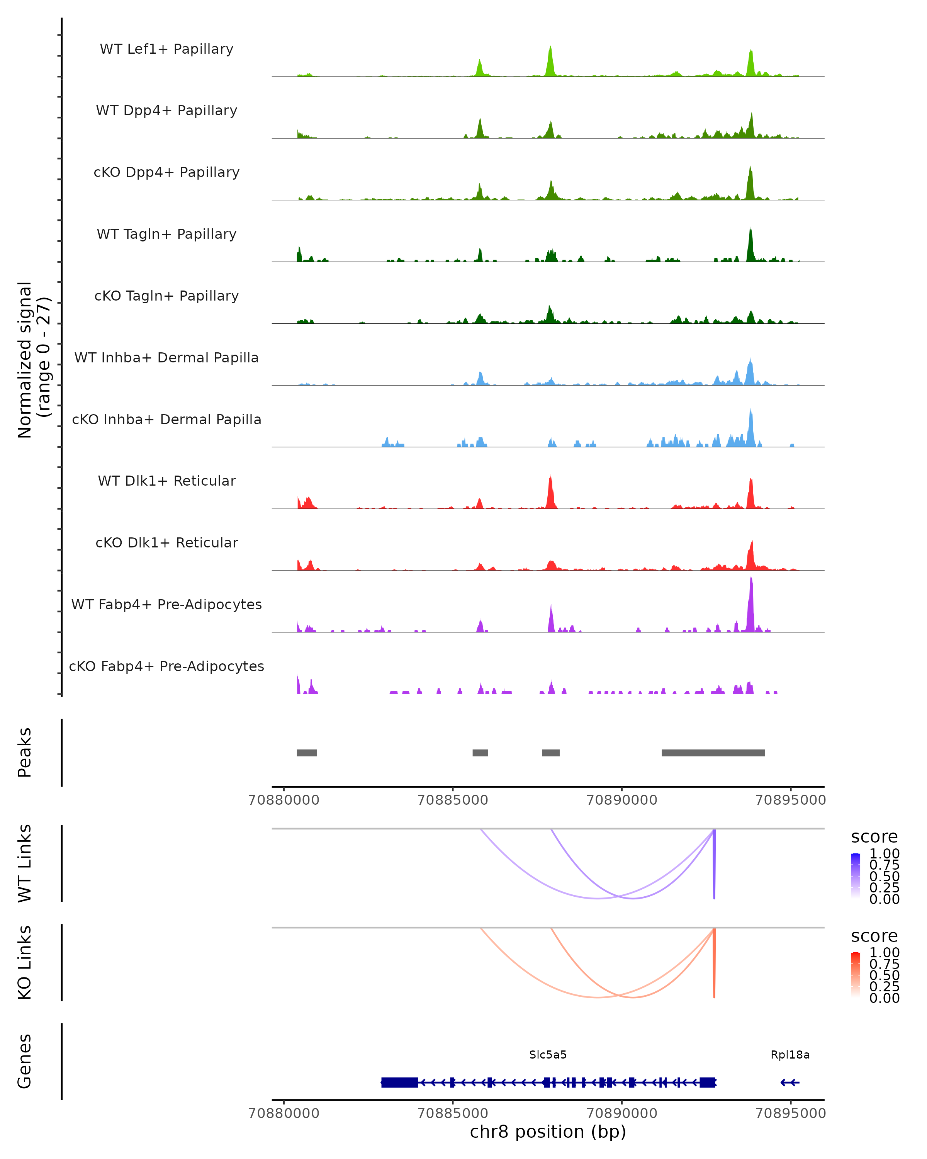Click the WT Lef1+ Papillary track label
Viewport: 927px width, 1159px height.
pyautogui.click(x=166, y=49)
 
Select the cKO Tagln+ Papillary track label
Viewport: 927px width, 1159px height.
pyautogui.click(x=166, y=296)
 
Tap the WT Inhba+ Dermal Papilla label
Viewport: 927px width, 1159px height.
pyautogui.click(x=166, y=357)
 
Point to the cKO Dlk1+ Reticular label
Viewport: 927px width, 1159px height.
pyautogui.click(x=166, y=542)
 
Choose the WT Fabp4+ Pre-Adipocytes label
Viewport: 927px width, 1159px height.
pyautogui.click(x=166, y=604)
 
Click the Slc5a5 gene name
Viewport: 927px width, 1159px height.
pyautogui.click(x=548, y=1054)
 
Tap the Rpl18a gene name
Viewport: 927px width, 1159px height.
pyautogui.click(x=789, y=1054)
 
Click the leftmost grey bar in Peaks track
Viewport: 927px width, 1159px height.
pyautogui.click(x=307, y=753)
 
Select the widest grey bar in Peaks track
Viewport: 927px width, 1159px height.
pyautogui.click(x=713, y=753)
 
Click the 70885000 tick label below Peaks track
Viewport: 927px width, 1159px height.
pyautogui.click(x=452, y=800)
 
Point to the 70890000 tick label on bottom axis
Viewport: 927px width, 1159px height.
pyautogui.click(x=622, y=1113)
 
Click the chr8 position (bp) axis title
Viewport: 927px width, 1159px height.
pyautogui.click(x=548, y=1132)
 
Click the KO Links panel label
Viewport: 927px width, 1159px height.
pyautogui.click(x=25, y=962)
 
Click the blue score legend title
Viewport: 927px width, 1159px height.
pyautogui.click(x=874, y=836)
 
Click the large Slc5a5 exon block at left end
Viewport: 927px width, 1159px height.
pyautogui.click(x=399, y=1082)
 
